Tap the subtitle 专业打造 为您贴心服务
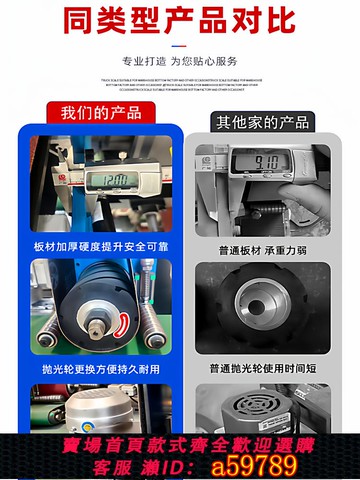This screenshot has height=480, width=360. [x=180, y=61]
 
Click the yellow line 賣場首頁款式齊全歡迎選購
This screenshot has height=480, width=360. [x=180, y=443]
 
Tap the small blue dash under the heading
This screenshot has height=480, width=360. [x=180, y=44]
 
